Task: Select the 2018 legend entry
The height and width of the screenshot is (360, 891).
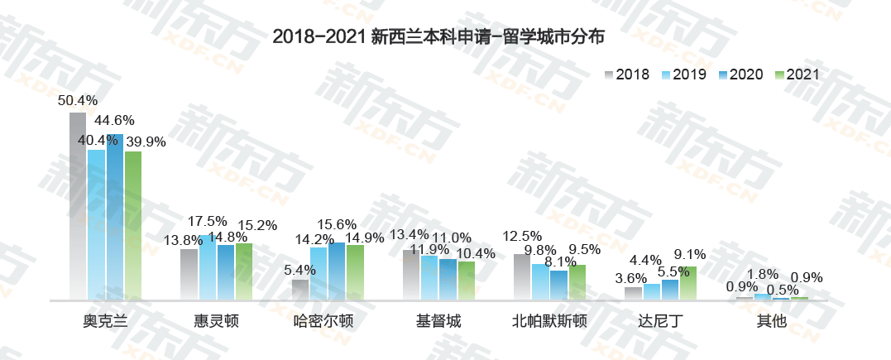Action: click(x=628, y=74)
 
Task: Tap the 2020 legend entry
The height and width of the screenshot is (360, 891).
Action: click(x=740, y=74)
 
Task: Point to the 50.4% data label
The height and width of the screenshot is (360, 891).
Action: click(x=78, y=100)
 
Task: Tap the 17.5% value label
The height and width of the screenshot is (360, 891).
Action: click(x=207, y=221)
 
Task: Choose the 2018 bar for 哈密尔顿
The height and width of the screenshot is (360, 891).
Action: click(x=300, y=289)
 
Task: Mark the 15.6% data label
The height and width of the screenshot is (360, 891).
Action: click(x=337, y=224)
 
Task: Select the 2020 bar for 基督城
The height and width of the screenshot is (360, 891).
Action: click(x=448, y=279)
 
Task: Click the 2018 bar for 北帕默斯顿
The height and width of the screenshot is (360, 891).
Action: click(x=522, y=276)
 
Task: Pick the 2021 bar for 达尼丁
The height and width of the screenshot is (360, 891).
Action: click(x=688, y=282)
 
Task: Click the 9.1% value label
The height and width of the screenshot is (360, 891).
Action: click(x=690, y=255)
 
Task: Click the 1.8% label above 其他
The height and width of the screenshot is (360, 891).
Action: click(x=762, y=275)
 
